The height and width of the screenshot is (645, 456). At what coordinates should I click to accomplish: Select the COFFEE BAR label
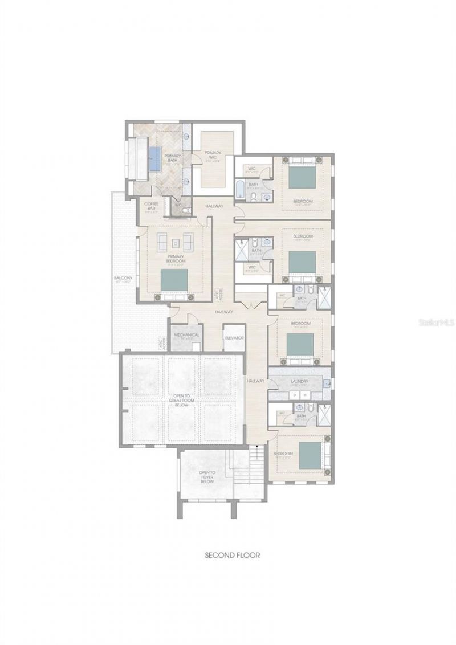click(x=151, y=205)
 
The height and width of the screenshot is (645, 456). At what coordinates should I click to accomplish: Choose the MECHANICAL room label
click(x=186, y=336)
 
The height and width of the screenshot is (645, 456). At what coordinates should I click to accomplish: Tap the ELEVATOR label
click(x=234, y=338)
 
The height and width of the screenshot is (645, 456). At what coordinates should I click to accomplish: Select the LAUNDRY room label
click(x=299, y=382)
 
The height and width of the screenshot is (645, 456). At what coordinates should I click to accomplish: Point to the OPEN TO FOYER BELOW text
click(x=206, y=476)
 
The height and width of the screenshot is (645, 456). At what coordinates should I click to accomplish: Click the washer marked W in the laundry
click(x=304, y=394)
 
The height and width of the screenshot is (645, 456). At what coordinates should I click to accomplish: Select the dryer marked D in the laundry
click(x=294, y=394)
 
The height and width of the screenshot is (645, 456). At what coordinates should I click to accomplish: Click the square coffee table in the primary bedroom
click(x=176, y=243)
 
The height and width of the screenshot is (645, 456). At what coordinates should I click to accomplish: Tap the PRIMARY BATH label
click(x=172, y=158)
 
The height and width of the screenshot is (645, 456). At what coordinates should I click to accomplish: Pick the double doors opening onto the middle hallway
click(x=246, y=306)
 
